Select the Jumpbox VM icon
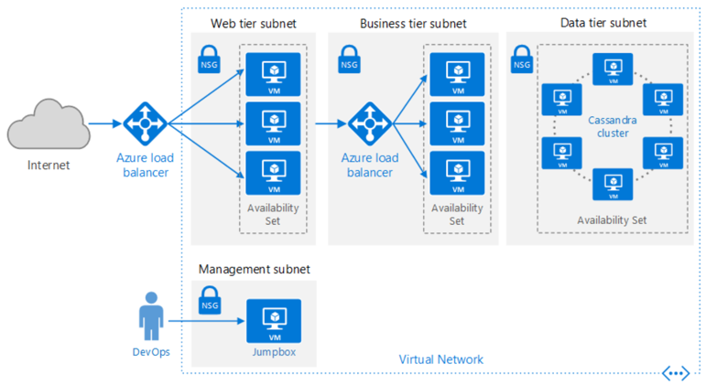coord(273,321)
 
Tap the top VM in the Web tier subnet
coord(274,74)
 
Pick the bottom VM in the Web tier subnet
coord(274,171)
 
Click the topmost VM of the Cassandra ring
coord(612,69)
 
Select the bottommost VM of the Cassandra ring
coord(612,183)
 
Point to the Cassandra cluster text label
coord(612,128)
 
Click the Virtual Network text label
coord(441,359)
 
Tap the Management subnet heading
coord(254,269)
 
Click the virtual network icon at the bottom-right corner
coord(676,373)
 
